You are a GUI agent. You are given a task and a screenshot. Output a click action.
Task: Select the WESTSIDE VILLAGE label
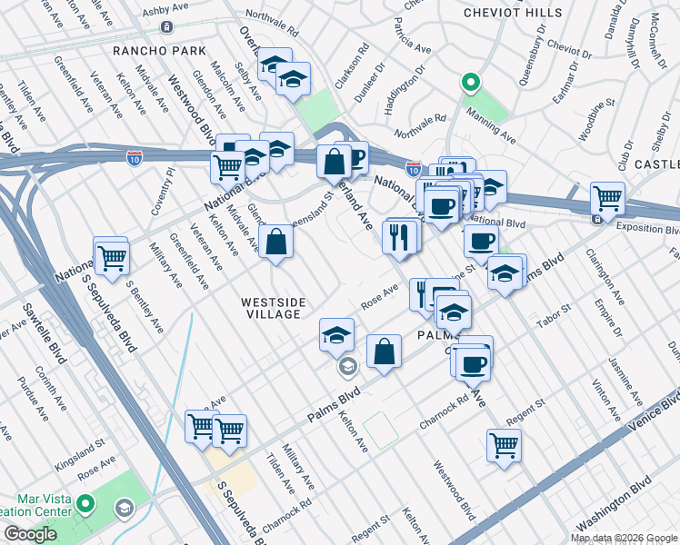point(273,307)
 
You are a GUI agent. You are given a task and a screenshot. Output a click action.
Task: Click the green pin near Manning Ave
point(470,84)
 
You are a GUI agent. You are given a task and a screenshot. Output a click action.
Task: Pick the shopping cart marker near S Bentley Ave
point(111,255)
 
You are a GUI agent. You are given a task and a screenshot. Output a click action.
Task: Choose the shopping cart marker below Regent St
point(504,444)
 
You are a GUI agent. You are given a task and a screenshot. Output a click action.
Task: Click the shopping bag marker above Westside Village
point(275,242)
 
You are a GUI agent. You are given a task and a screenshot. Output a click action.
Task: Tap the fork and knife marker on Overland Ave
point(401,236)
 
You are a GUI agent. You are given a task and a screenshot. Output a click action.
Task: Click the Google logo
point(30,534)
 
